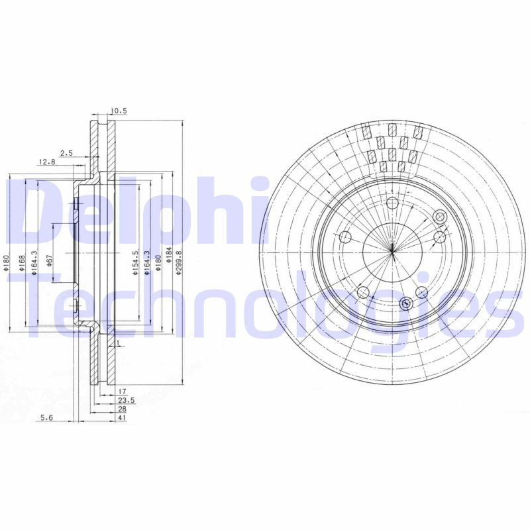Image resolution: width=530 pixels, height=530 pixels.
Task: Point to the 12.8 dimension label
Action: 46,162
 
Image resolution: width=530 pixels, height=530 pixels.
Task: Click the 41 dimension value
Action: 123,419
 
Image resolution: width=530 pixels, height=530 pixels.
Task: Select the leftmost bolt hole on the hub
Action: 345,238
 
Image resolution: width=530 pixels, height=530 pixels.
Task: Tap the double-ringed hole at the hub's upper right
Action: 439,217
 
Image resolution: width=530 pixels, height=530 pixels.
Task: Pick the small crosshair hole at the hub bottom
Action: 406,303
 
